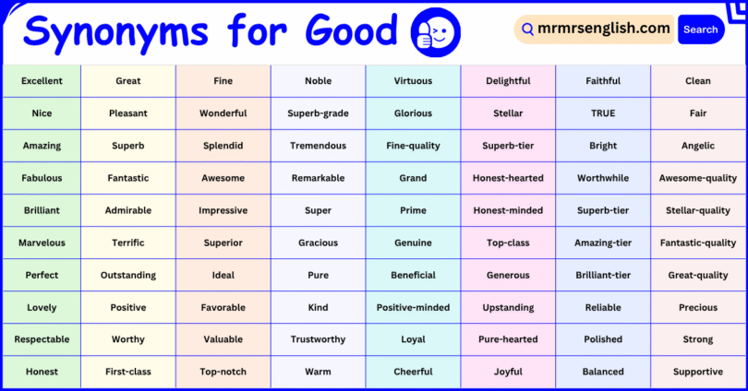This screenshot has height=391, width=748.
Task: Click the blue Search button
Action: (x=701, y=30)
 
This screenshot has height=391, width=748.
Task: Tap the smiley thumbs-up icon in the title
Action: (x=436, y=32)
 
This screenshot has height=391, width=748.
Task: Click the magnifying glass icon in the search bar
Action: (x=527, y=30)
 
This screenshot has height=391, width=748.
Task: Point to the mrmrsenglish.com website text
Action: (x=604, y=29)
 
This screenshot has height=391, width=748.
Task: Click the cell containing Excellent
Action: (x=42, y=81)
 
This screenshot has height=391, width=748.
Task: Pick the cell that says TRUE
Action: (x=603, y=113)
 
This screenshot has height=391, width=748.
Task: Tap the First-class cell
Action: (x=128, y=372)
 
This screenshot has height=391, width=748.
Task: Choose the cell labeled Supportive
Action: (x=698, y=372)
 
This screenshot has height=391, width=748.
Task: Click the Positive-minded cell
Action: (x=413, y=307)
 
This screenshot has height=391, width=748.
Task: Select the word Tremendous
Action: (x=318, y=146)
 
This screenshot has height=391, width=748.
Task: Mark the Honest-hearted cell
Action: (x=508, y=178)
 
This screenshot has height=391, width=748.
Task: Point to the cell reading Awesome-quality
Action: (x=698, y=178)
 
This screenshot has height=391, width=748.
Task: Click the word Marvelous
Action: (x=42, y=243)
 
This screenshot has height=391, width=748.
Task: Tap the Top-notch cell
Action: (x=223, y=372)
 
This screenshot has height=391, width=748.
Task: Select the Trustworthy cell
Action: (x=318, y=339)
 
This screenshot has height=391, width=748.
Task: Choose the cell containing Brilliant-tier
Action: (x=603, y=275)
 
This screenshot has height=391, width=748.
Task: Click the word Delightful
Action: (x=508, y=81)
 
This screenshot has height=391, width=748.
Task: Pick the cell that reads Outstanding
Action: (x=128, y=275)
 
